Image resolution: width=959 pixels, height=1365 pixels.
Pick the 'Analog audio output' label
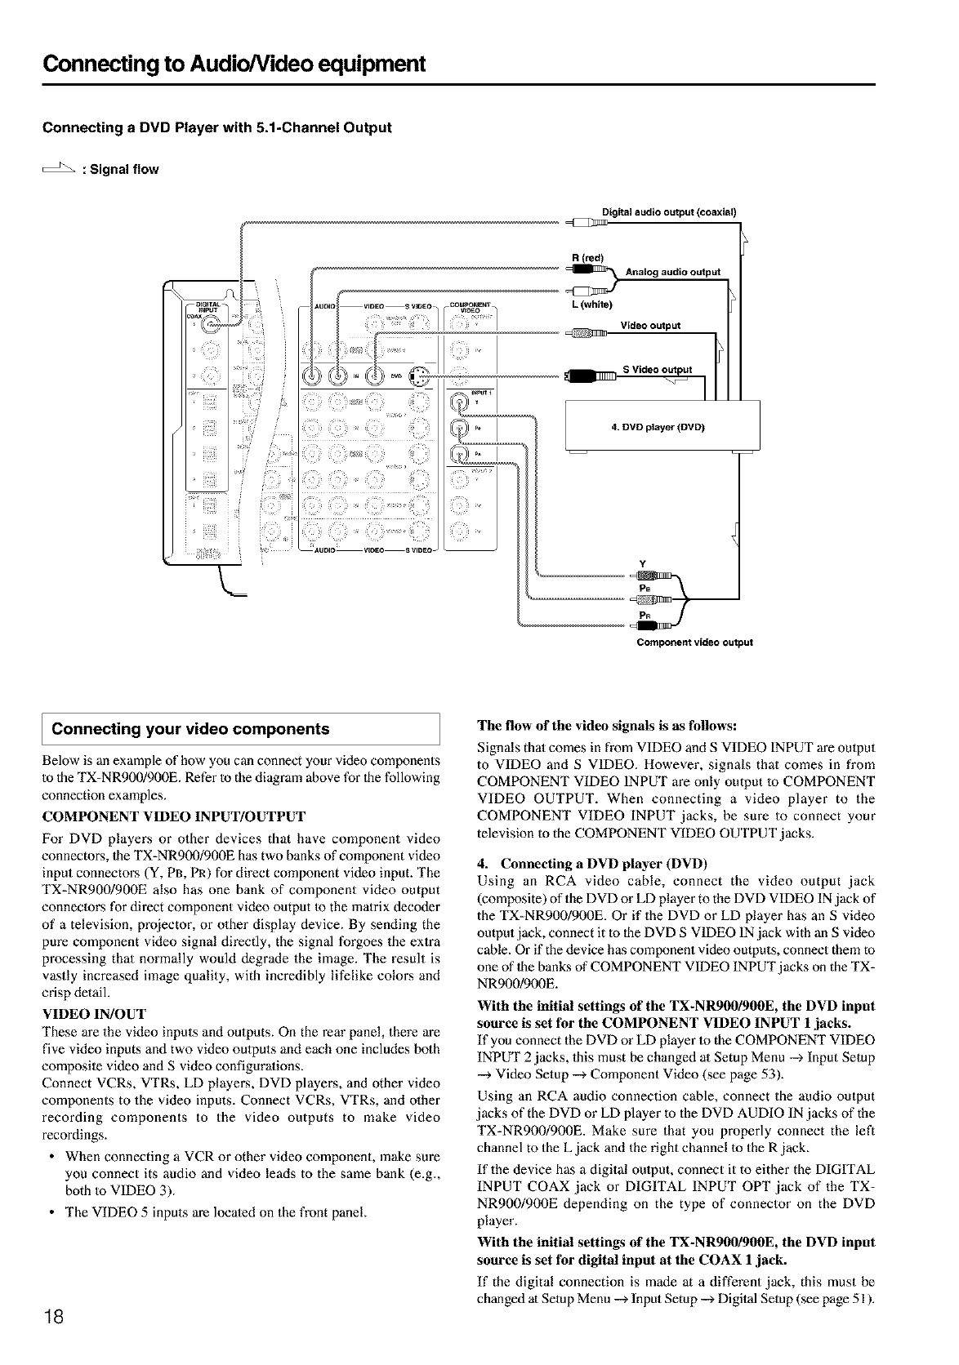tap(672, 272)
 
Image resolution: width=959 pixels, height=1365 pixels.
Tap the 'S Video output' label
tap(657, 369)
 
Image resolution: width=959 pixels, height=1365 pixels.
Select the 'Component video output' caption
tap(694, 642)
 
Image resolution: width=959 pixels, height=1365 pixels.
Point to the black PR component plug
tap(662, 625)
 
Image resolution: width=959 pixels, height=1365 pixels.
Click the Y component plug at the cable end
tap(658, 576)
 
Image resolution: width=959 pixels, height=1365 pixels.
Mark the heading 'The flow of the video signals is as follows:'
tap(607, 725)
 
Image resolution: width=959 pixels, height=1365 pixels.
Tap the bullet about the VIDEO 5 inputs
tap(216, 1212)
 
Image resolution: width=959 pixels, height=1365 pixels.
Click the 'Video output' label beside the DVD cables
tap(650, 326)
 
